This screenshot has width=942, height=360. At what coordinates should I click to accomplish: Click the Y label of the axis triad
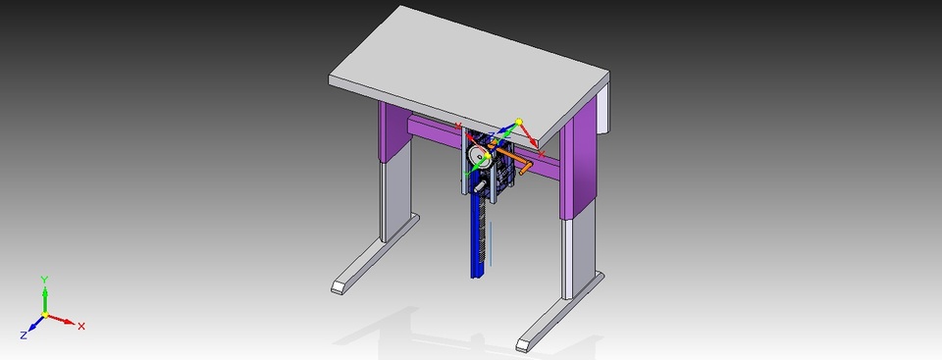pos(44,280)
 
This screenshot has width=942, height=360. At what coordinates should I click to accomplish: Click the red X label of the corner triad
pos(81,326)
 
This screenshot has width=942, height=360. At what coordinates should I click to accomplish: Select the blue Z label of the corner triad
pos(23,335)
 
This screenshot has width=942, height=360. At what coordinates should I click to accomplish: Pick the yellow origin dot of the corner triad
pos(44,314)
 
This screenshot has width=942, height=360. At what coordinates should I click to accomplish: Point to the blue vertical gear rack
pos(480,235)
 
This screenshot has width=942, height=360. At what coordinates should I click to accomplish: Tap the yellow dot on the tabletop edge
pos(519,122)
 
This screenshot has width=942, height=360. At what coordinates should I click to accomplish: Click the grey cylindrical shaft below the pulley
pos(480,181)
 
